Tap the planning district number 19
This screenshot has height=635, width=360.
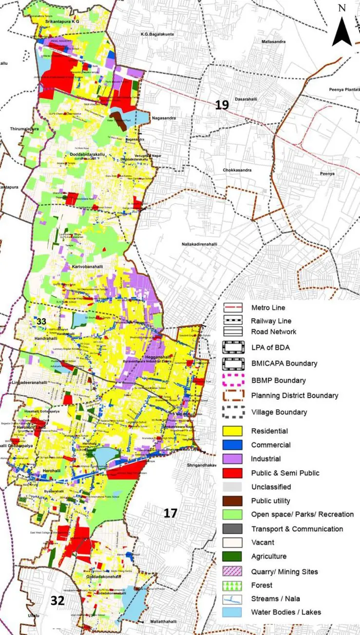point(222,104)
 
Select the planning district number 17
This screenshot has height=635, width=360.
point(170,513)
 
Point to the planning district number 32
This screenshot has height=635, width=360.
point(57,601)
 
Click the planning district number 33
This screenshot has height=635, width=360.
point(41,321)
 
